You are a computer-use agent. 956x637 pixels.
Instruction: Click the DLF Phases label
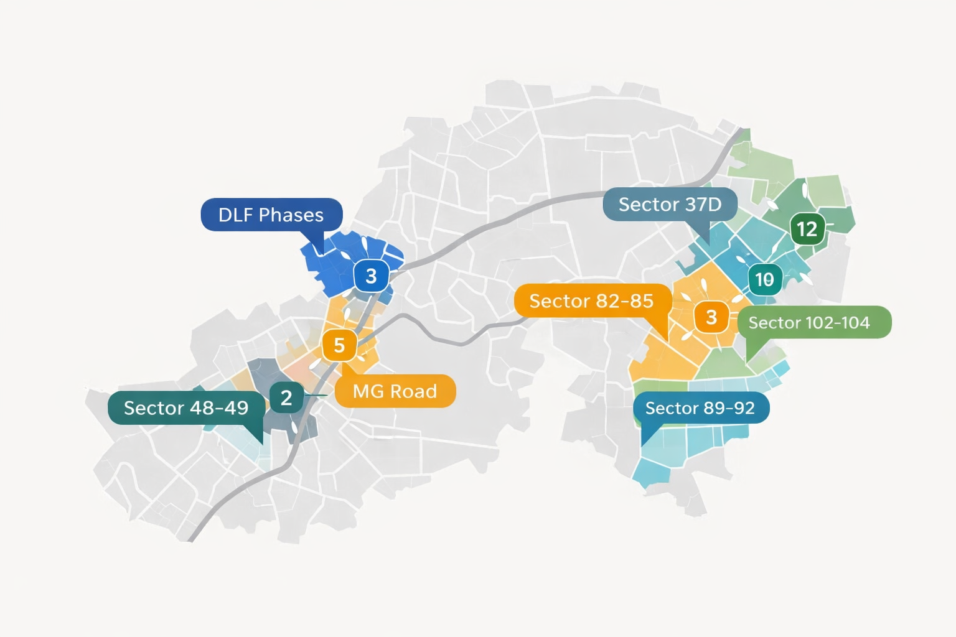click(271, 215)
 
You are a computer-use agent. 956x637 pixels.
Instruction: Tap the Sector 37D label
click(670, 204)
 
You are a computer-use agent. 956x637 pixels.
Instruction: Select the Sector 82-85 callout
click(591, 301)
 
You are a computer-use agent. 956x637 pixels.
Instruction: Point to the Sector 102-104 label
click(809, 322)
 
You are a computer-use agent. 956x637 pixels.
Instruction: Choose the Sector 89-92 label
click(700, 408)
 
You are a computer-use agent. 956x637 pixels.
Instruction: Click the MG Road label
click(395, 391)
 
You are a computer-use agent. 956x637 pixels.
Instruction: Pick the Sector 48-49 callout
click(186, 408)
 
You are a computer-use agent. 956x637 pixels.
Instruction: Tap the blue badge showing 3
click(372, 276)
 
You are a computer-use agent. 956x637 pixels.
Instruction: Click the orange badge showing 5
click(339, 345)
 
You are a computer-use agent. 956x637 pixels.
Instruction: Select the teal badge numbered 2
click(286, 398)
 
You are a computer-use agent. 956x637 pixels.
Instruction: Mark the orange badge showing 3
click(711, 317)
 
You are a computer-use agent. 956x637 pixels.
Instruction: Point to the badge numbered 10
click(764, 279)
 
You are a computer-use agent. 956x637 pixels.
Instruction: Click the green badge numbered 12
click(807, 229)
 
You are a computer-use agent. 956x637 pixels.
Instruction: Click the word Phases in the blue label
click(291, 215)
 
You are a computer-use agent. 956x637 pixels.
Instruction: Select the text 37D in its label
click(703, 204)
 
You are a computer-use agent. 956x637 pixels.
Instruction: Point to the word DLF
click(235, 215)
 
